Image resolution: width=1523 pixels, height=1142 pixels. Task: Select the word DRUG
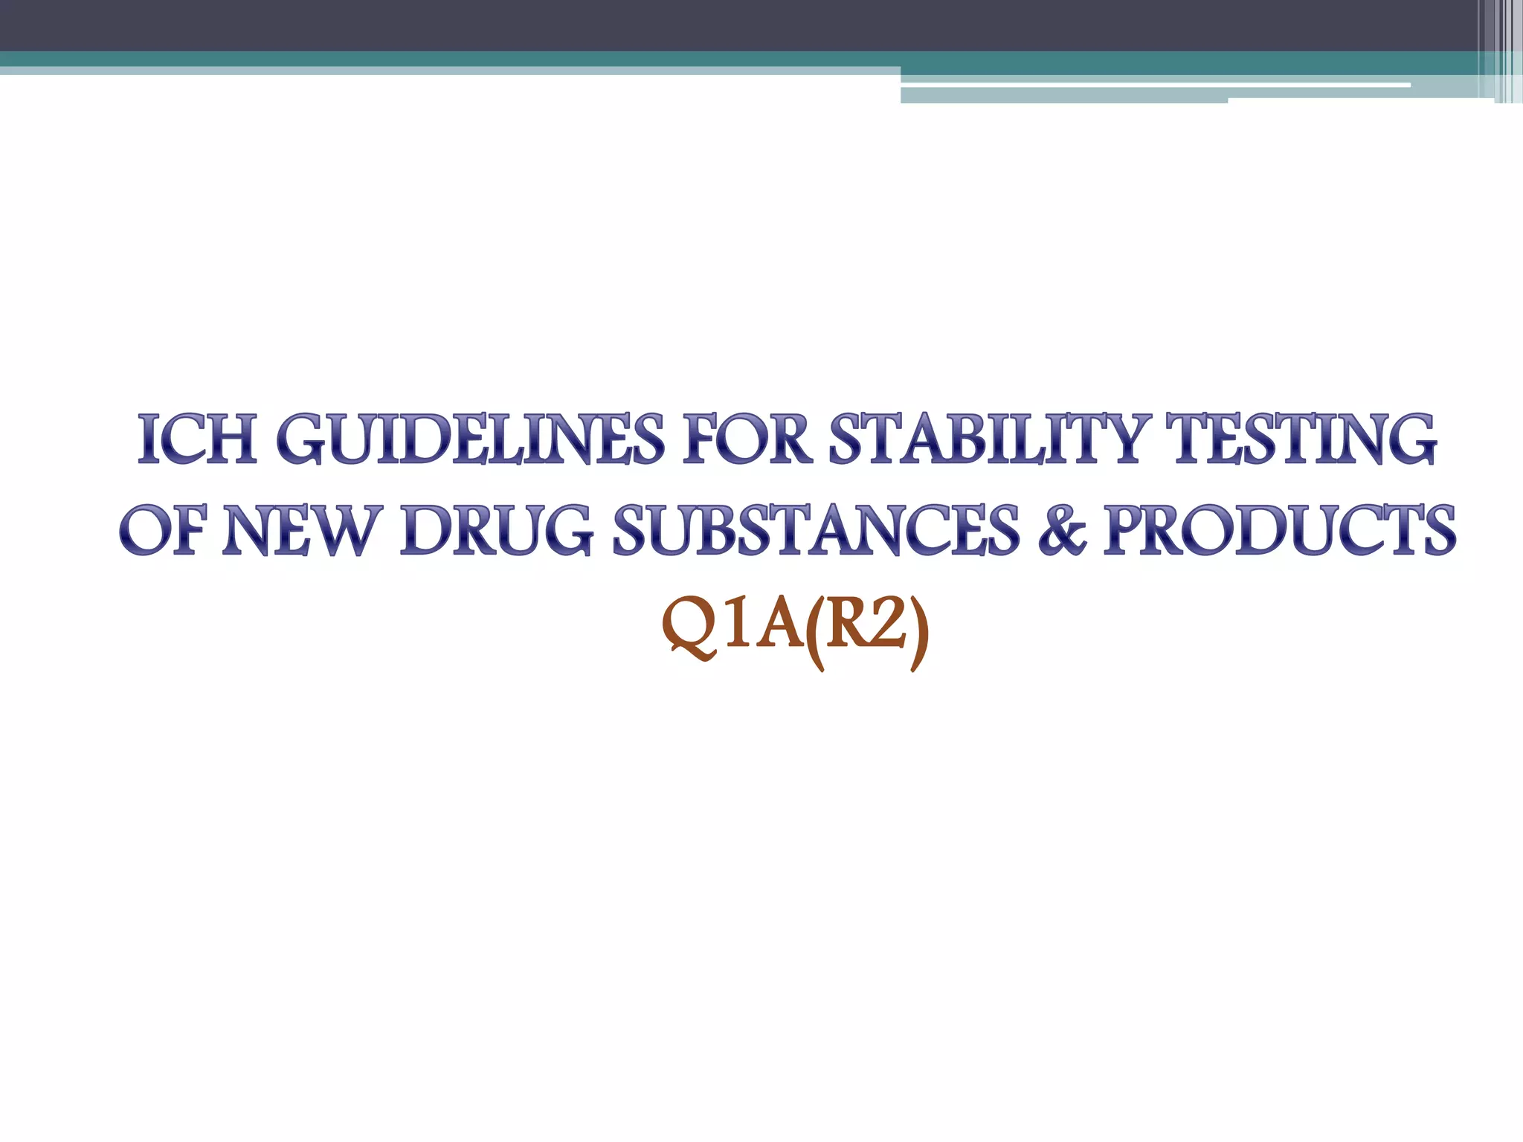click(x=496, y=530)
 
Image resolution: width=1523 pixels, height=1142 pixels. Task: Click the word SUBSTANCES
click(x=816, y=530)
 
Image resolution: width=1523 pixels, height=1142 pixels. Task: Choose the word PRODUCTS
click(x=1280, y=530)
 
